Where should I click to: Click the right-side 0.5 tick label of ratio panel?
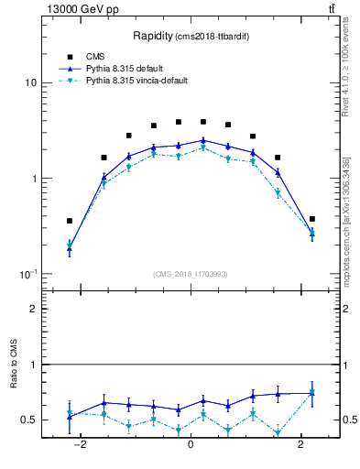pyautogui.click(x=353, y=420)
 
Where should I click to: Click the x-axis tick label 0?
pyautogui.click(x=190, y=445)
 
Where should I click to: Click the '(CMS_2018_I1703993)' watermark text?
pyautogui.click(x=191, y=274)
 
